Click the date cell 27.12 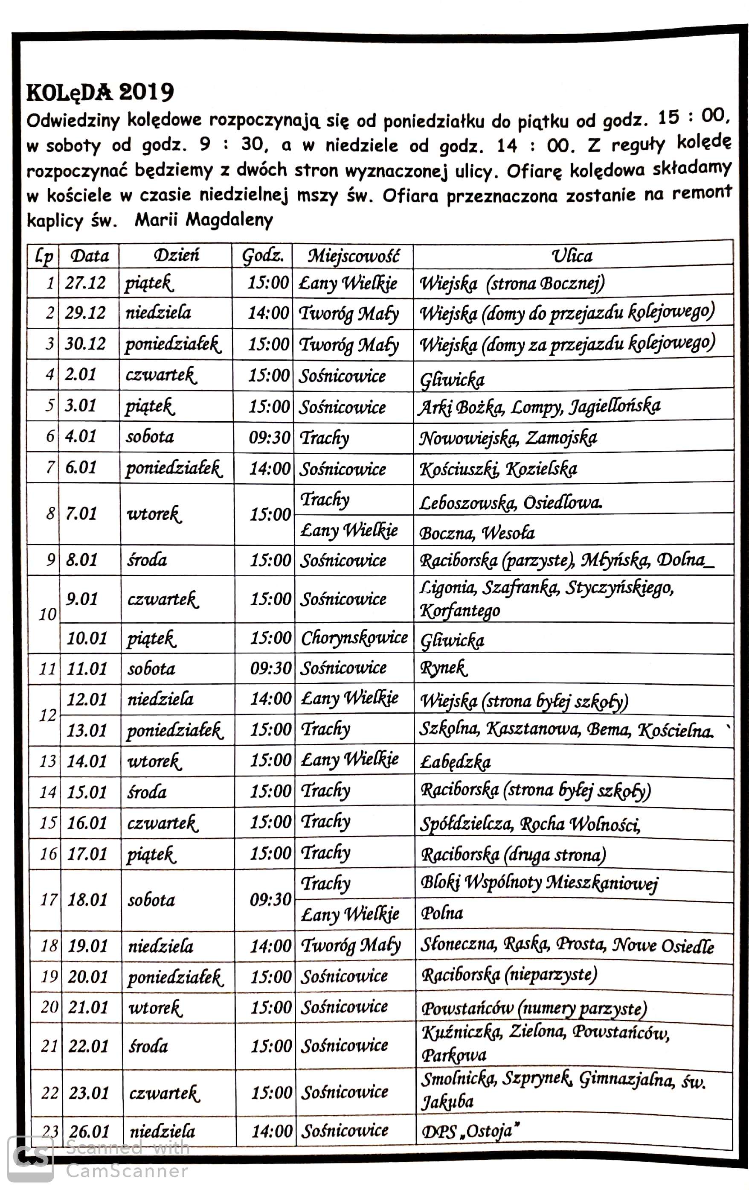(85, 283)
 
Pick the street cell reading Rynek (443, 668)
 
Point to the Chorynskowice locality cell (354, 638)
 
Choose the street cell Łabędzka (455, 761)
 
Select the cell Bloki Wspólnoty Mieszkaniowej (539, 883)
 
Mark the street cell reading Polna (442, 913)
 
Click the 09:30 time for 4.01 (270, 437)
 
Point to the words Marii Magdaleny (203, 220)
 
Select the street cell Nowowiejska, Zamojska (508, 438)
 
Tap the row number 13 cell (48, 761)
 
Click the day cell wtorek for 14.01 (154, 761)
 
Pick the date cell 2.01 (81, 375)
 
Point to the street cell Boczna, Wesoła (477, 533)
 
